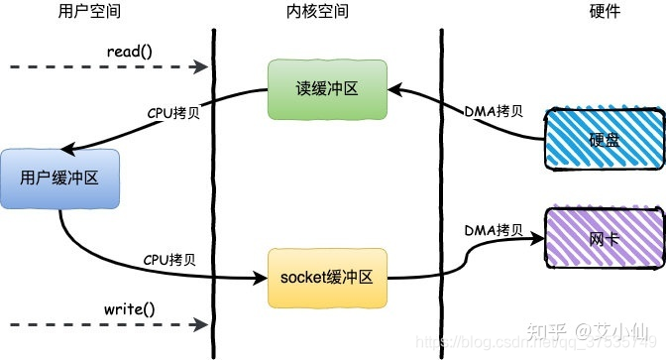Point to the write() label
[x=130, y=308]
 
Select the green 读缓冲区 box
[x=326, y=89]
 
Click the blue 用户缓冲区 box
[x=59, y=179]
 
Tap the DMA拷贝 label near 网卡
[x=493, y=230]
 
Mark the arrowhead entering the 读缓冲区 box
[x=392, y=89]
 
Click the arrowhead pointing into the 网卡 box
[x=537, y=239]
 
